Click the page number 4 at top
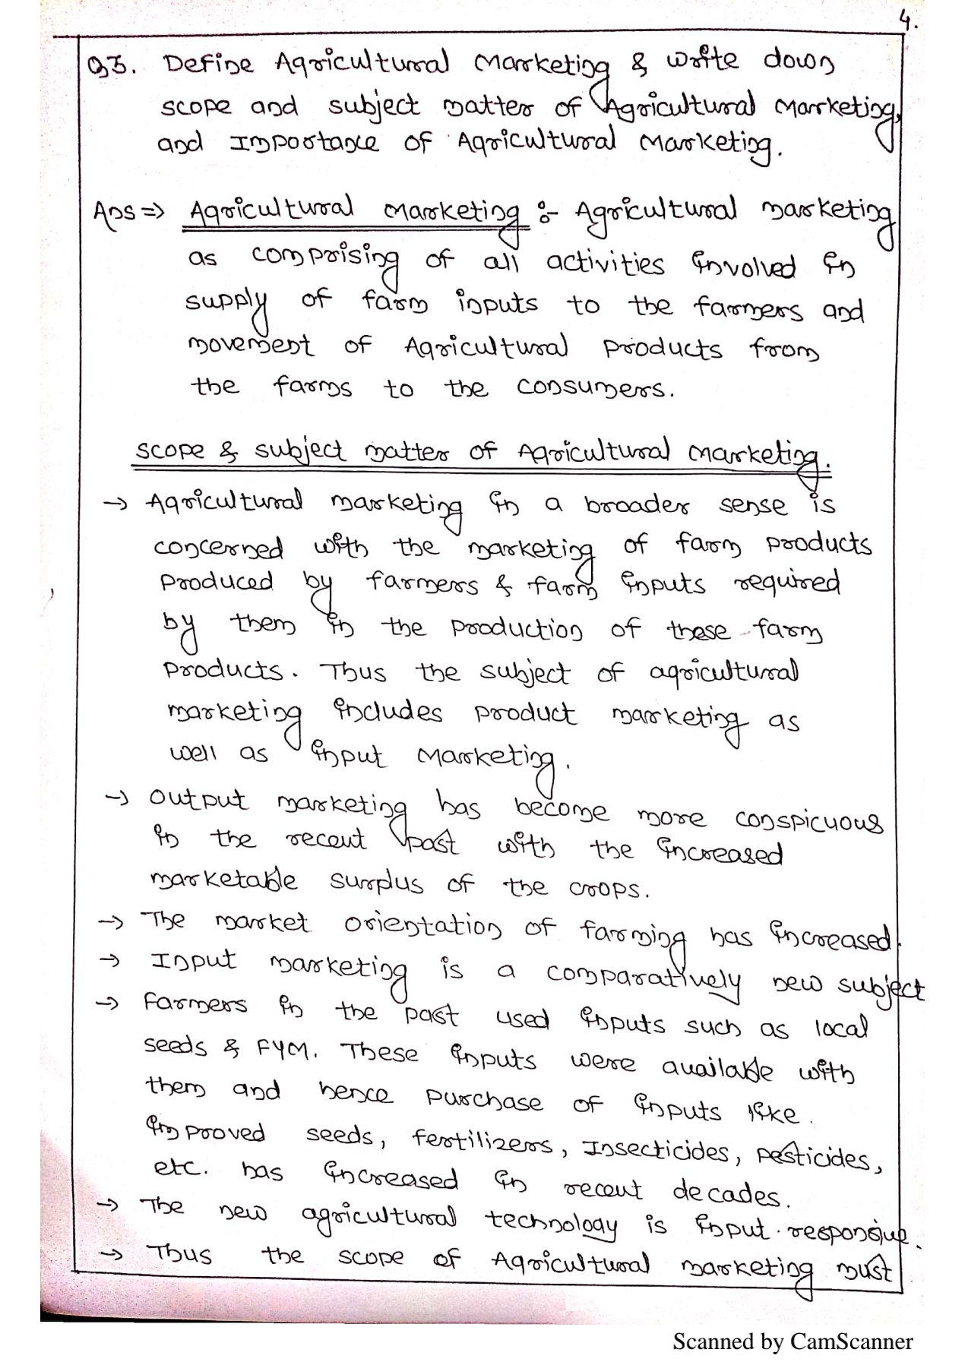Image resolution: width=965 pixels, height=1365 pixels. [x=906, y=21]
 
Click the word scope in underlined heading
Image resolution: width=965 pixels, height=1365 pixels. [x=169, y=450]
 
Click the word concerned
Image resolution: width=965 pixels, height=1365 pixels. [x=219, y=548]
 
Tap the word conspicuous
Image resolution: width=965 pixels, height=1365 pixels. [x=808, y=821]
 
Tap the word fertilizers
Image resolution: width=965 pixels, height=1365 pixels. [x=484, y=1140]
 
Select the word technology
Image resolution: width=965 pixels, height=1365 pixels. [x=552, y=1222]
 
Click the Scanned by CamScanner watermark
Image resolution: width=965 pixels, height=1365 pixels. [x=792, y=1341]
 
